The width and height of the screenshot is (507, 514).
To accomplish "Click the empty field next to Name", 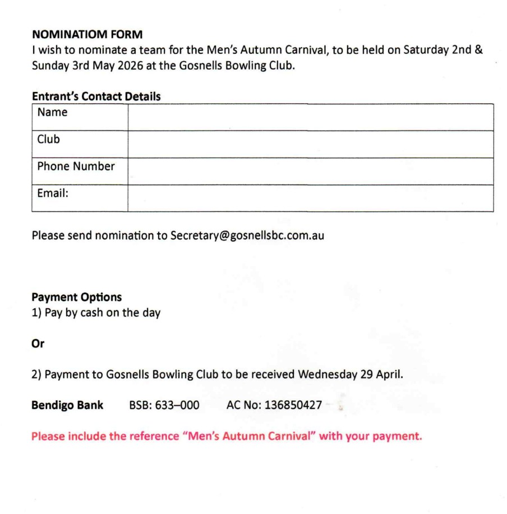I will pyautogui.click(x=310, y=117).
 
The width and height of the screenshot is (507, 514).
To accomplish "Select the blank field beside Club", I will pyautogui.click(x=310, y=144).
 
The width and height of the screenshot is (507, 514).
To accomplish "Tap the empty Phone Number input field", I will pyautogui.click(x=310, y=171).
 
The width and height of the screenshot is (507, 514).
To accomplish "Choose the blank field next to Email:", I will pyautogui.click(x=310, y=198).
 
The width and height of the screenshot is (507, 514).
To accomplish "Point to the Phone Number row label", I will pyautogui.click(x=76, y=166).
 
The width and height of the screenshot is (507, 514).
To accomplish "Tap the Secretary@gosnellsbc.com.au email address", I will pyautogui.click(x=247, y=236).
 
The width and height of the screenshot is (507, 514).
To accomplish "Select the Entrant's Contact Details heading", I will pyautogui.click(x=96, y=96).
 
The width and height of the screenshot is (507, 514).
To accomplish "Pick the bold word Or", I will pyautogui.click(x=38, y=344).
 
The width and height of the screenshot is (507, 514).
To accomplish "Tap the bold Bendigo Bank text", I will pyautogui.click(x=67, y=405).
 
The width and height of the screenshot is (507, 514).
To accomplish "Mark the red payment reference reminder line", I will pyautogui.click(x=227, y=436).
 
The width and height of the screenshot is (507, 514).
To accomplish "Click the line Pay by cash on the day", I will pyautogui.click(x=96, y=313).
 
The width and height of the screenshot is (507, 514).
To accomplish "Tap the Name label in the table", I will pyautogui.click(x=52, y=112).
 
